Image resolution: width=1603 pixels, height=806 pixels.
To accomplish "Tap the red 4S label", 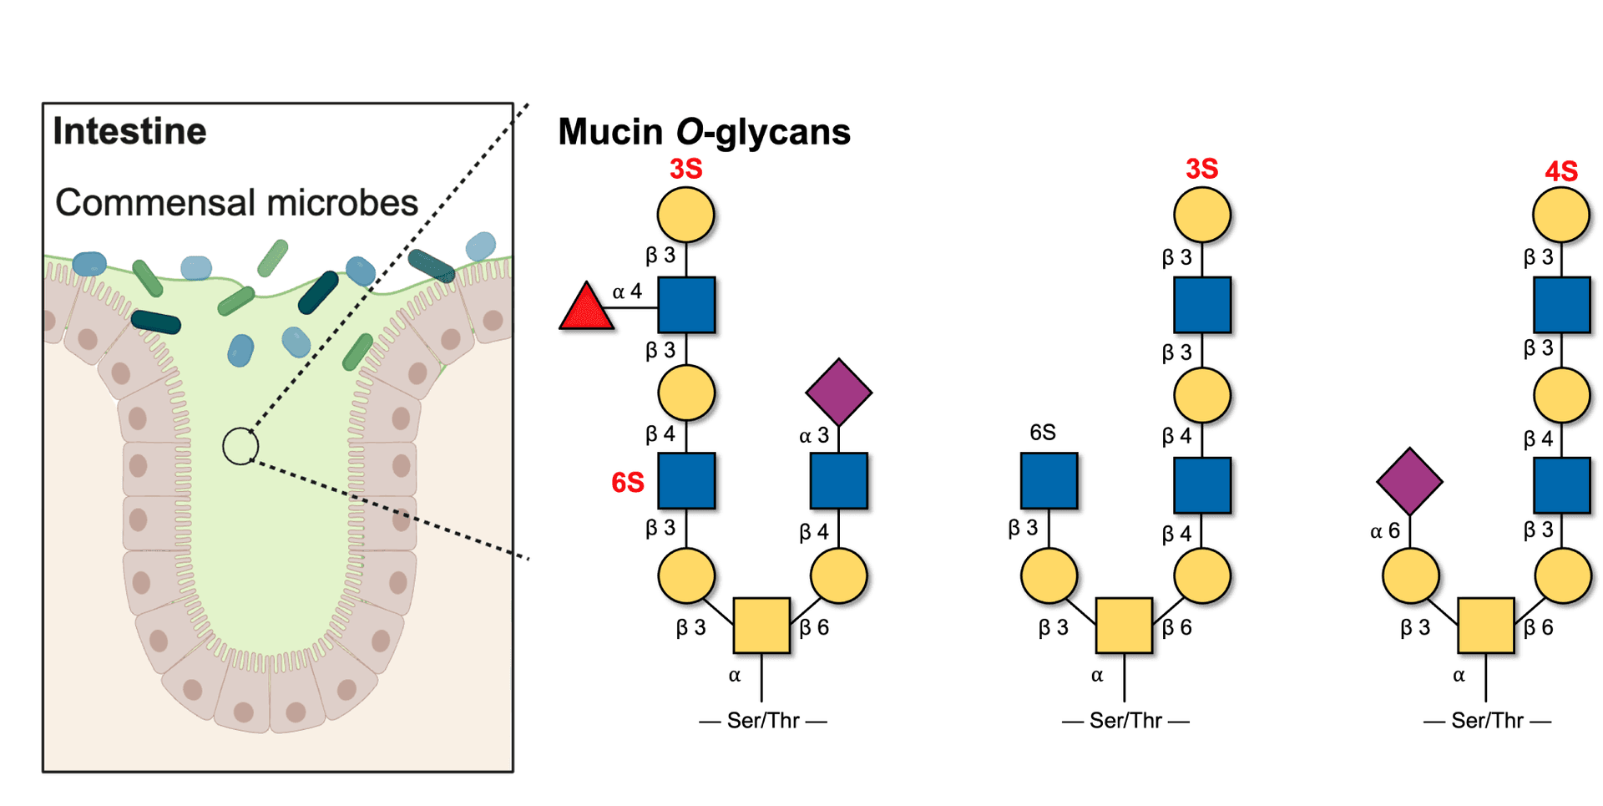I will (x=1560, y=171).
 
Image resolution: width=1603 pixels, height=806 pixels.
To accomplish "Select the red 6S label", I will (x=627, y=482).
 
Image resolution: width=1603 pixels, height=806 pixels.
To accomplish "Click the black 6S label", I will (x=1043, y=432).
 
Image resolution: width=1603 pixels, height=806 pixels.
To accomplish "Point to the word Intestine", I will (x=129, y=132).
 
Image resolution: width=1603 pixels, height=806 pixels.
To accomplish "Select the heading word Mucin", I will (x=610, y=132).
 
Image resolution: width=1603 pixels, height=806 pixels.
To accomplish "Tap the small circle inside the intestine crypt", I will (x=240, y=446).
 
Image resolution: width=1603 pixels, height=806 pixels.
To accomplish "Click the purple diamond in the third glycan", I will (x=1409, y=480).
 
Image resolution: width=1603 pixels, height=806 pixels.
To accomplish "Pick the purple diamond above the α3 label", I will (x=839, y=391).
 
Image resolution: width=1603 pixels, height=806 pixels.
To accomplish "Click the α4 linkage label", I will (x=628, y=292).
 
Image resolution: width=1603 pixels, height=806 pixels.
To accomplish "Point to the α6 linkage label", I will (x=1385, y=531).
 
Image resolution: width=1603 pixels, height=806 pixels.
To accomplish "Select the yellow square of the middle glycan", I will (x=1123, y=626).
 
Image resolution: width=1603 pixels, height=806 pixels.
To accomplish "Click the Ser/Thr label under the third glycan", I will (x=1487, y=720).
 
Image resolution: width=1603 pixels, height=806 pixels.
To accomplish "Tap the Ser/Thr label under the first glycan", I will (x=763, y=720).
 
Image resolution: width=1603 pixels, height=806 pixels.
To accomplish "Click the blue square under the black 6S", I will (x=1049, y=482).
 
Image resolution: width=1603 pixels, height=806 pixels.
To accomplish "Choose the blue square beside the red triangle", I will (x=686, y=306).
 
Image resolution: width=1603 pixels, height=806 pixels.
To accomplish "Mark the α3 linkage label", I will (x=814, y=436).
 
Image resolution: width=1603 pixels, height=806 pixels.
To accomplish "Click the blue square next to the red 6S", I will (x=686, y=482).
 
